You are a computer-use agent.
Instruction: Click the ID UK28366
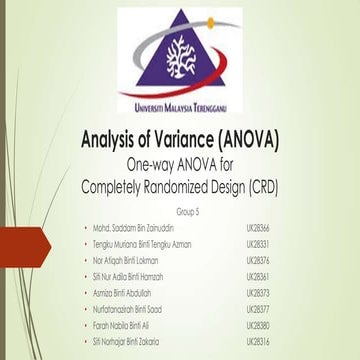click(259, 228)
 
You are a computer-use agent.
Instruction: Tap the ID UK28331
click(259, 243)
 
